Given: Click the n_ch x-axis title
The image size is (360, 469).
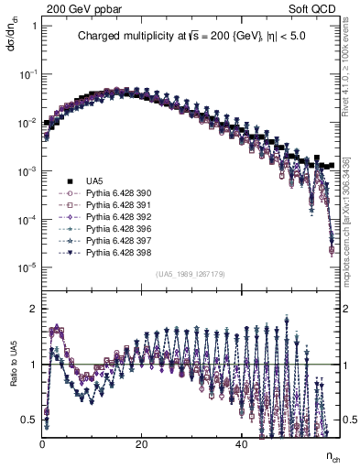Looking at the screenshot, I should pyautogui.click(x=334, y=455).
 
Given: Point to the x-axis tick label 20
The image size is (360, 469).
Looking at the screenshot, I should pyautogui.click(x=141, y=444).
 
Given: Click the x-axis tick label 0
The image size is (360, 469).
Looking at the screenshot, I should pyautogui.click(x=42, y=444).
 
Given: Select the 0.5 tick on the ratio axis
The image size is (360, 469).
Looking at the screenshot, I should pyautogui.click(x=28, y=420).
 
